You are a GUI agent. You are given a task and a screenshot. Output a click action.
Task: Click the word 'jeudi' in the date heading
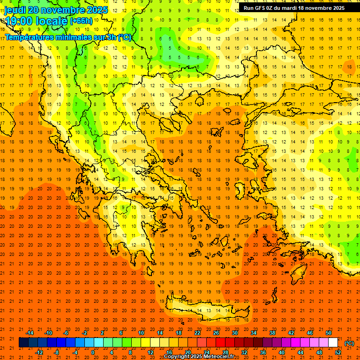15,10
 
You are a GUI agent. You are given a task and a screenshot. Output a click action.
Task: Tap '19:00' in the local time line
19,21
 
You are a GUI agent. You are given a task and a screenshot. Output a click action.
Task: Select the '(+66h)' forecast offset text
81,21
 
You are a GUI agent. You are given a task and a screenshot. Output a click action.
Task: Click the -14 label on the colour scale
30,333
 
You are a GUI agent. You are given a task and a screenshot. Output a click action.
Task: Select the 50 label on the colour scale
328,333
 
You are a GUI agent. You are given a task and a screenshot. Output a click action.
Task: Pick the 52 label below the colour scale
337,352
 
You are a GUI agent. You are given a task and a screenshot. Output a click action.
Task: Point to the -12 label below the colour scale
39,352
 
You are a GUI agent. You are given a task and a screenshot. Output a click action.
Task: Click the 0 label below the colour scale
93,352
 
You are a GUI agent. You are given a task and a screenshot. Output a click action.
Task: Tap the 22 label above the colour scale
197,333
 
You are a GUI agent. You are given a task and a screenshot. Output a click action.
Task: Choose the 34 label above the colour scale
254,333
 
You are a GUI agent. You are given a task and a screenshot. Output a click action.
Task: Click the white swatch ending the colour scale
333,343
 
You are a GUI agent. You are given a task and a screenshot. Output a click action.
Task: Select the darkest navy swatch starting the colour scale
23,343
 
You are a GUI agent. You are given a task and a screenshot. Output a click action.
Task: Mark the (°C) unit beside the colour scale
349,343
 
